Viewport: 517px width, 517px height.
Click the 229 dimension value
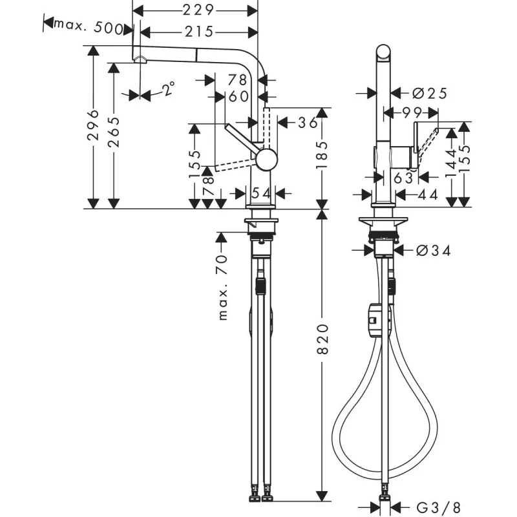point(198,10)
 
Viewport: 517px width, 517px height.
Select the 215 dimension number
point(199,32)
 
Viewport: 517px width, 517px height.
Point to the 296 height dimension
point(93,125)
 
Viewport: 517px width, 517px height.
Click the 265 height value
point(114,132)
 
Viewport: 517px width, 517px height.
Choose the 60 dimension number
point(238,96)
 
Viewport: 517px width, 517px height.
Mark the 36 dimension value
point(308,123)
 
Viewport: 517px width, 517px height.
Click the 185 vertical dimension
point(322,155)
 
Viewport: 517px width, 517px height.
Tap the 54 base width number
point(261,193)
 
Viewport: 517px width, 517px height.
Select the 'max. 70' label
point(223,288)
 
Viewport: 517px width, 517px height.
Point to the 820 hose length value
point(322,339)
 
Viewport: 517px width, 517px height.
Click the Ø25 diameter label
point(430,93)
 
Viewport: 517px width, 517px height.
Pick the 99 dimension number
point(412,113)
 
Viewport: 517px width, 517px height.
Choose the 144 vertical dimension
point(451,164)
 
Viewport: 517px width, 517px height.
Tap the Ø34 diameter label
point(433,251)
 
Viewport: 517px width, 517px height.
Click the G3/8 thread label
point(439,507)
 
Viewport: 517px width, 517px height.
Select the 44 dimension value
point(428,195)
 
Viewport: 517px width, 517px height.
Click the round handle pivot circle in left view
point(266,160)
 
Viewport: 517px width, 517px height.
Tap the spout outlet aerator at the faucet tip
point(141,59)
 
